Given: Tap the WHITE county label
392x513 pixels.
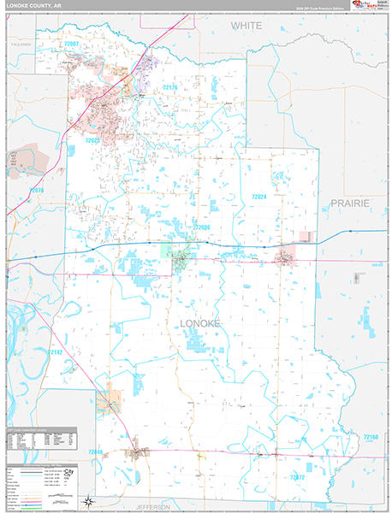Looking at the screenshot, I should pyautogui.click(x=246, y=27).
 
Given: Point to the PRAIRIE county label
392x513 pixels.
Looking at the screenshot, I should pyautogui.click(x=348, y=203).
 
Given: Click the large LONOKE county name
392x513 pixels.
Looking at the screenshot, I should pyautogui.click(x=200, y=322).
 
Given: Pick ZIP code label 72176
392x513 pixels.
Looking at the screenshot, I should pyautogui.click(x=169, y=88).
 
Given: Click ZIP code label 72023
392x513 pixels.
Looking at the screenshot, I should pyautogui.click(x=92, y=139).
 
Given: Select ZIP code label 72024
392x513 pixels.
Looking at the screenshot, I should pyautogui.click(x=259, y=197).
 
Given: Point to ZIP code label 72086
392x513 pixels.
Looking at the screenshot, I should pyautogui.click(x=201, y=227).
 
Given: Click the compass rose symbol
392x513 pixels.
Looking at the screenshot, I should pyautogui.click(x=89, y=501).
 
